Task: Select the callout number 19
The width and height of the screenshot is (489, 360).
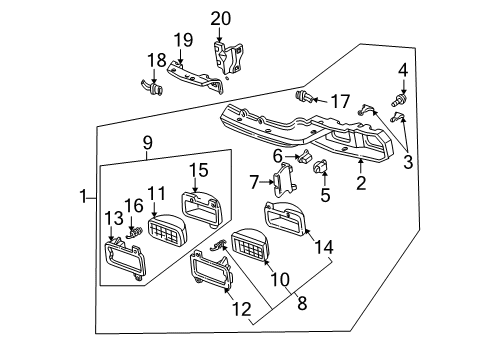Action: pyautogui.click(x=183, y=41)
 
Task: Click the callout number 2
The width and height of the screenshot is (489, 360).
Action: pyautogui.click(x=361, y=182)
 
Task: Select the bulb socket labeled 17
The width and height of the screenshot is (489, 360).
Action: pyautogui.click(x=306, y=97)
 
